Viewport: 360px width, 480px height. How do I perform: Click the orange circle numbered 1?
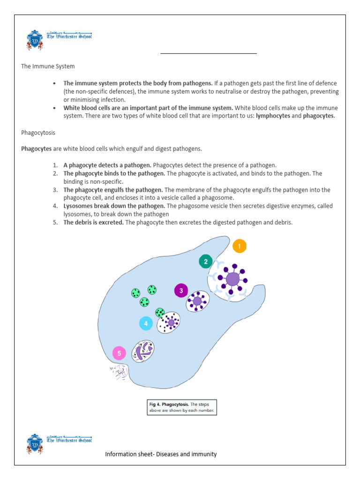(239, 246)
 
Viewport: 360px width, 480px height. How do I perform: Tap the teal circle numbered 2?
(205, 261)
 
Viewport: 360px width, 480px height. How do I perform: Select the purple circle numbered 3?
(181, 291)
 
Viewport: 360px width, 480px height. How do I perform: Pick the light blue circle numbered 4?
(146, 323)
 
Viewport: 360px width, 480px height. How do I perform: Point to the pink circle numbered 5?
(119, 353)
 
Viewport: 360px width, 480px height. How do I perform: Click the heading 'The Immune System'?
(48, 67)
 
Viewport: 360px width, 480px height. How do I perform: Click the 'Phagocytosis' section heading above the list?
(38, 133)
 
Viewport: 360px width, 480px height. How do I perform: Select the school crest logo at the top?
(35, 40)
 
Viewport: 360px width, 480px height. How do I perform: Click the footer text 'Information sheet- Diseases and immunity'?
(161, 454)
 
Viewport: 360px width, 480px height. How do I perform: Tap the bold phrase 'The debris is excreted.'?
(94, 222)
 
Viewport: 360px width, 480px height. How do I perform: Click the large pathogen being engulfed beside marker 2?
(232, 280)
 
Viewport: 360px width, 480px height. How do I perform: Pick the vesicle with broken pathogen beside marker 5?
(142, 351)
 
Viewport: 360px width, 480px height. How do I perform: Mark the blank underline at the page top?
(209, 53)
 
